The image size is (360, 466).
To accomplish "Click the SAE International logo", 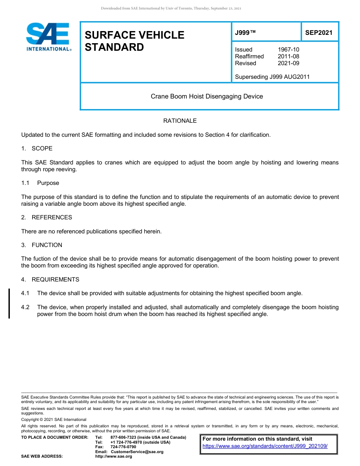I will (x=48, y=37).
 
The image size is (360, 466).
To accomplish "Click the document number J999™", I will (x=245, y=33).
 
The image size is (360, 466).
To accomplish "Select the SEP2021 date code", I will (x=319, y=33).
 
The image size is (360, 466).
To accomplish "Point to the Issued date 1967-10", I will (x=288, y=50).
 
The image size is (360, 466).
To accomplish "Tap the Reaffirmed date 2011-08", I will (x=288, y=56).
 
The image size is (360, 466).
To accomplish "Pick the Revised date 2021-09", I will (x=288, y=63).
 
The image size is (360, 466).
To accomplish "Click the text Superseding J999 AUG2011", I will (x=272, y=77).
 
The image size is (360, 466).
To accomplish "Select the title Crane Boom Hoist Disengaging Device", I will (x=207, y=96).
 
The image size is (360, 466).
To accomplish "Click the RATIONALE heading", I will (x=180, y=121).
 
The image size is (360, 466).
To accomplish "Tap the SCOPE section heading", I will (x=42, y=149).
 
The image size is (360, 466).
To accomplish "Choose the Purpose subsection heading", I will (x=48, y=183).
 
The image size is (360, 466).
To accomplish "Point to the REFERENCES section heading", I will (x=52, y=217).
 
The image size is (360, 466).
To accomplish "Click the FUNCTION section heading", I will (x=47, y=245).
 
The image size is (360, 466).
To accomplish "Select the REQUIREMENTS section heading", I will (x=55, y=280).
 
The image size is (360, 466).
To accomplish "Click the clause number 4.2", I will (x=25, y=307).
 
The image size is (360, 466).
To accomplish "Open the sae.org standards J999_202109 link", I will (x=265, y=446).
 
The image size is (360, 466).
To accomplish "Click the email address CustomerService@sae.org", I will (x=137, y=452).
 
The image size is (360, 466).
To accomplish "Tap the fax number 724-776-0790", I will (x=123, y=447).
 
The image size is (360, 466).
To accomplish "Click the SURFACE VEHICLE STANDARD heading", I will (x=134, y=41).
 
